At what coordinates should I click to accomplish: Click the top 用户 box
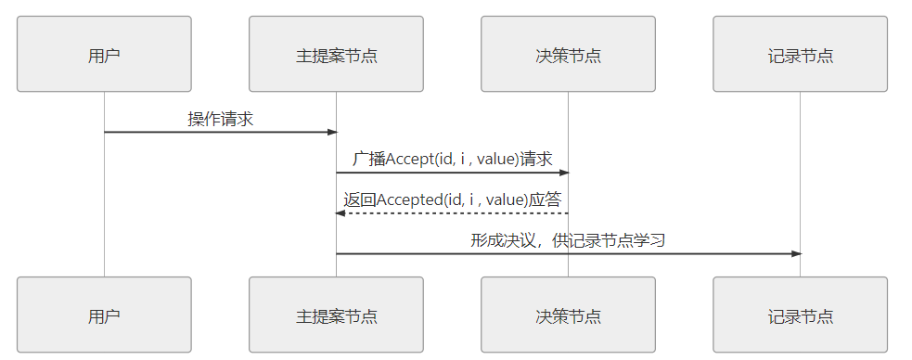click(x=104, y=54)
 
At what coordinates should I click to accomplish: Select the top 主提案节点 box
click(x=336, y=54)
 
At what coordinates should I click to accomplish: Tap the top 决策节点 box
click(x=568, y=54)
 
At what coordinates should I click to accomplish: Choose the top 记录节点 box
click(x=800, y=54)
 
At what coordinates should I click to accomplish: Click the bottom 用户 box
click(x=104, y=315)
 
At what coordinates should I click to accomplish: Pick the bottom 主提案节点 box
click(x=336, y=315)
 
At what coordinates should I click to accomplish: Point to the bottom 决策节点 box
click(x=568, y=315)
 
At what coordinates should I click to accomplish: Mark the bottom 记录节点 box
click(x=800, y=315)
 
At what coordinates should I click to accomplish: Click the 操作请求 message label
click(x=220, y=119)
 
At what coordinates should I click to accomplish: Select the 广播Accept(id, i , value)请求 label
click(x=452, y=159)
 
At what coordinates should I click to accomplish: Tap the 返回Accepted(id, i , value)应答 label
click(x=452, y=199)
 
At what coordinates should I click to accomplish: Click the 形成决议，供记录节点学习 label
click(x=568, y=240)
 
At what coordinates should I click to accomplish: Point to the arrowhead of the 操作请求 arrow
click(x=331, y=132)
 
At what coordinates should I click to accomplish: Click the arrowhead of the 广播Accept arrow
click(x=563, y=173)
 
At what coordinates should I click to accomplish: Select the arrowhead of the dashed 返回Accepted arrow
click(x=340, y=213)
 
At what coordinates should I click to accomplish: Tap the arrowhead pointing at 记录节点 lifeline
click(x=795, y=253)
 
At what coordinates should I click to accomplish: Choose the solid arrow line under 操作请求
click(x=220, y=132)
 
